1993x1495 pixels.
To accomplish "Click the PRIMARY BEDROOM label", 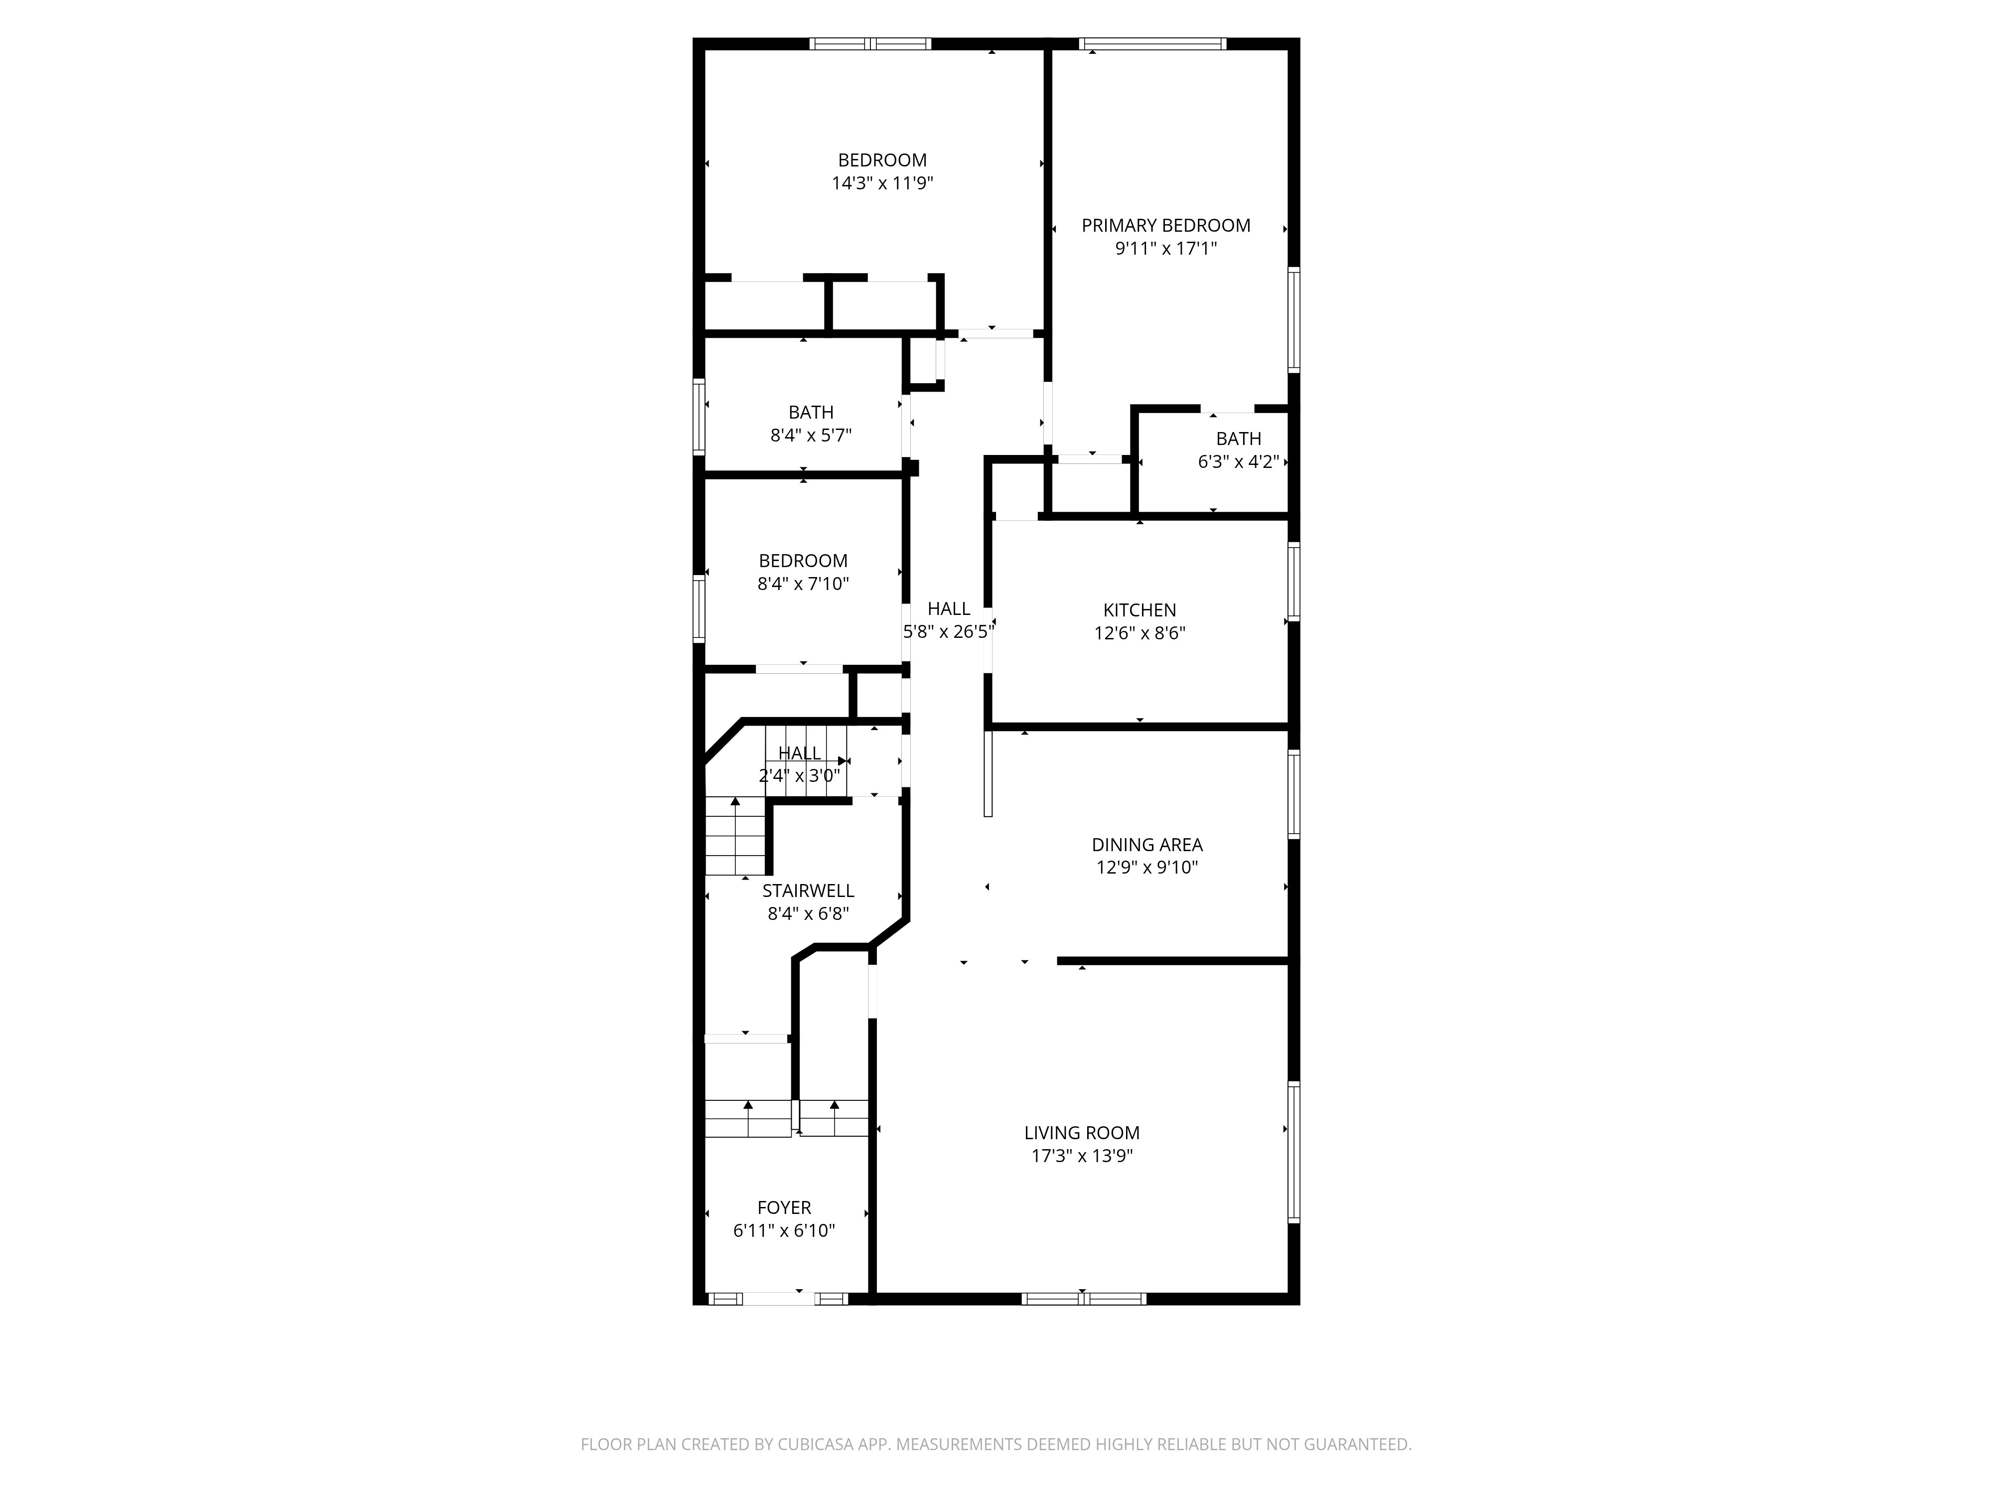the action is (1166, 225).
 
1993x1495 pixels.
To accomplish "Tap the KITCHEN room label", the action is (1140, 610).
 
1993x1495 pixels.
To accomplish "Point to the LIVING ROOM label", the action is (1082, 1133).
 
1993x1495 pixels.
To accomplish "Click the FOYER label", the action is (784, 1207).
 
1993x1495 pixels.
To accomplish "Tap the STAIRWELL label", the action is (808, 891).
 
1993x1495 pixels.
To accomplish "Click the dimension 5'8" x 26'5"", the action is (949, 632).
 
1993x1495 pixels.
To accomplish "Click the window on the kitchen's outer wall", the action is (1294, 581).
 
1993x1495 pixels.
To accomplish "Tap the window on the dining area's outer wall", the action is (1294, 794).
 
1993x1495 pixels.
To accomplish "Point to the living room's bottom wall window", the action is (1084, 1299).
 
